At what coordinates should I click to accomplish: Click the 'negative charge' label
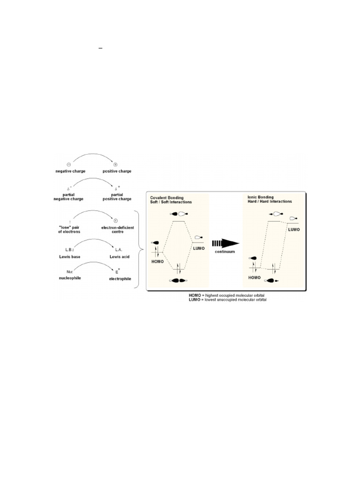pyautogui.click(x=70, y=171)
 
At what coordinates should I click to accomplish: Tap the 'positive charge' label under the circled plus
pyautogui.click(x=117, y=171)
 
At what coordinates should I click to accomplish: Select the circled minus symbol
pyautogui.click(x=69, y=165)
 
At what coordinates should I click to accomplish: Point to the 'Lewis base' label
pyautogui.click(x=70, y=256)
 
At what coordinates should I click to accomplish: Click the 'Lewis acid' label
pyautogui.click(x=120, y=256)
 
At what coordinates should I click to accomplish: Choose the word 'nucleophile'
pyautogui.click(x=70, y=278)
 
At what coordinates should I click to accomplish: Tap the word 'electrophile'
pyautogui.click(x=120, y=279)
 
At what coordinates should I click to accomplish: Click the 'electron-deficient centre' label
pyautogui.click(x=118, y=230)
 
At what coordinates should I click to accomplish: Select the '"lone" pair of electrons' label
pyautogui.click(x=69, y=230)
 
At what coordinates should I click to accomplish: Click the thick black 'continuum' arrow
pyautogui.click(x=225, y=243)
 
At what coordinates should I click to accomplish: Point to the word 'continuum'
pyautogui.click(x=225, y=252)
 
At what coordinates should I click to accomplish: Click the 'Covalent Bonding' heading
pyautogui.click(x=167, y=198)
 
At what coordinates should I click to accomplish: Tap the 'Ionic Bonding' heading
pyautogui.click(x=261, y=197)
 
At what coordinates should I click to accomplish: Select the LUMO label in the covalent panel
pyautogui.click(x=199, y=248)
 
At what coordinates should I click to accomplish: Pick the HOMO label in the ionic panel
pyautogui.click(x=255, y=277)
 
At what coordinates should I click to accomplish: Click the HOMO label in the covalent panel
pyautogui.click(x=157, y=262)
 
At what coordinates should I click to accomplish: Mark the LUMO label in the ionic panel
pyautogui.click(x=294, y=230)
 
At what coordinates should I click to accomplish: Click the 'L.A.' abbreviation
pyautogui.click(x=119, y=250)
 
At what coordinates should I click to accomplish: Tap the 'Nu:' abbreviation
pyautogui.click(x=70, y=272)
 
